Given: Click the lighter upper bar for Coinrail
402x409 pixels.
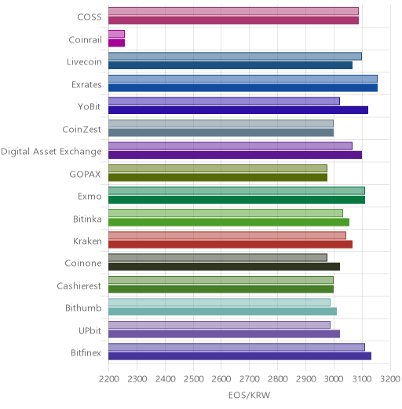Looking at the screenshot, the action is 116,34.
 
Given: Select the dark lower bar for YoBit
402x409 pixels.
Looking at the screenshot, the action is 238,110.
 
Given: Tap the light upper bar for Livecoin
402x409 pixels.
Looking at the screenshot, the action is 235,56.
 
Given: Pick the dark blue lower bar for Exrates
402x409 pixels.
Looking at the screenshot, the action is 243,88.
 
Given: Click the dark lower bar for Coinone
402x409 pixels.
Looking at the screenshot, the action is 224,267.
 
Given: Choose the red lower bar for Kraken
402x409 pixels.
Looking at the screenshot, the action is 230,245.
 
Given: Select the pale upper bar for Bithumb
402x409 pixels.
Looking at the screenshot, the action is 219,302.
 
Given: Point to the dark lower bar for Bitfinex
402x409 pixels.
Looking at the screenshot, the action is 239,356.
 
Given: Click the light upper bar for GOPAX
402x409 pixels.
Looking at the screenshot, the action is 217,168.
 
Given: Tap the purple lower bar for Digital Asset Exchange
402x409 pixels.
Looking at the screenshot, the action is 235,155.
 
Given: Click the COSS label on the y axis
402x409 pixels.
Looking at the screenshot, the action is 90,17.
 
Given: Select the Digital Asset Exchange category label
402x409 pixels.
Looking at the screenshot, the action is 51,152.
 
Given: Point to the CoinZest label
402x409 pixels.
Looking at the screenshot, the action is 82,129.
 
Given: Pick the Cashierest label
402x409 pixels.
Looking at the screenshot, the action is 79,286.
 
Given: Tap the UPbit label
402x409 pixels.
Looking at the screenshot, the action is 90,330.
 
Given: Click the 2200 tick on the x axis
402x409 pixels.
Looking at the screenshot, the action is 109,379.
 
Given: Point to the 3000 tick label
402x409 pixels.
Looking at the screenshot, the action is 334,379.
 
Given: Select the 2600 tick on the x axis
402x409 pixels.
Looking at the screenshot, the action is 221,379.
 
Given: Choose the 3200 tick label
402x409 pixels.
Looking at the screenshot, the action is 390,379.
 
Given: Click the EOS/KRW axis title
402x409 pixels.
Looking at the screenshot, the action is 249,395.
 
